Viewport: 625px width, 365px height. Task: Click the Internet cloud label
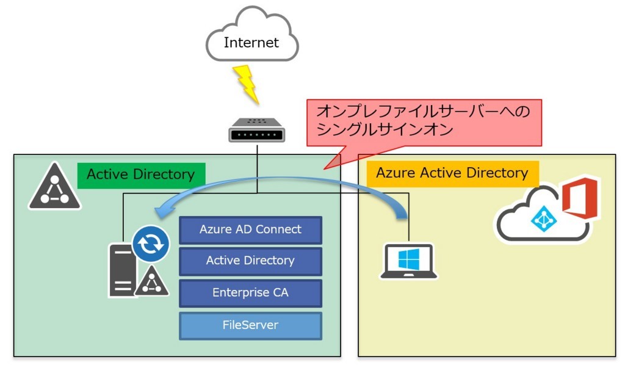pos(251,43)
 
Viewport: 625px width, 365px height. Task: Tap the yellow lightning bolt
pos(247,84)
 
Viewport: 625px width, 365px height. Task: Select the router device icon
pos(257,130)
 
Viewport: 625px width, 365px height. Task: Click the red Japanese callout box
pos(424,121)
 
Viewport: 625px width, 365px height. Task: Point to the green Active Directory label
pos(140,175)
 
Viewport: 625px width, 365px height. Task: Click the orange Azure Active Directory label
pos(452,173)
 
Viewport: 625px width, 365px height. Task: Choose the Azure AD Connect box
pos(250,230)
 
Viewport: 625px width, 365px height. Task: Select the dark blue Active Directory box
pos(250,261)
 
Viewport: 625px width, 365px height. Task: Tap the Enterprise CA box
pos(250,293)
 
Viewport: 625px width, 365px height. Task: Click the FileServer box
pos(250,325)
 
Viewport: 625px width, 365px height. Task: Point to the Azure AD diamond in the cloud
pos(541,218)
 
